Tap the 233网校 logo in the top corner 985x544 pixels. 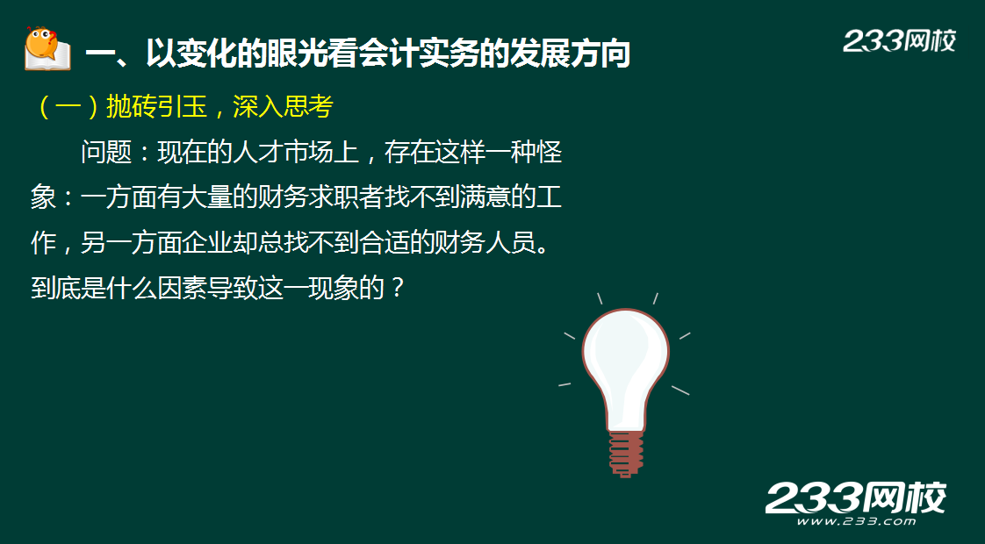pos(899,41)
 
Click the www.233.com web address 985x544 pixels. pos(856,521)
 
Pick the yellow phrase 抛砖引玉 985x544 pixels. pos(156,107)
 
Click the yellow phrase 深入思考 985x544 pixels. pos(283,107)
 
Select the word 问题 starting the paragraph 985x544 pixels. pos(106,153)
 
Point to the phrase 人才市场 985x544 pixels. pos(283,153)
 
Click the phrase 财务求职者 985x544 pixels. pos(320,198)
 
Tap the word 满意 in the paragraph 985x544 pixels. pos(485,198)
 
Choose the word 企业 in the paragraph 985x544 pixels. pos(207,243)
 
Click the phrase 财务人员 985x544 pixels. pos(485,243)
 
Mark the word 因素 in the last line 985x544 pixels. pos(183,289)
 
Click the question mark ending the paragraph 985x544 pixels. pos(397,289)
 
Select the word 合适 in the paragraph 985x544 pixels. pos(384,243)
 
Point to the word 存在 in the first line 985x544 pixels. pos(409,153)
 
